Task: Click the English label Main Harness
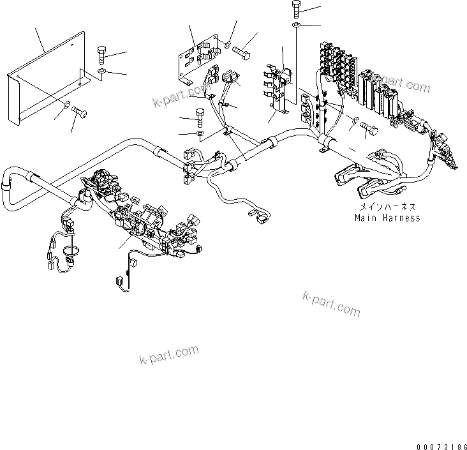(387, 218)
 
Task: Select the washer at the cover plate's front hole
(66, 104)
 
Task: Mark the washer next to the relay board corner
(228, 45)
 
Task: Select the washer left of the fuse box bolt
(354, 121)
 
